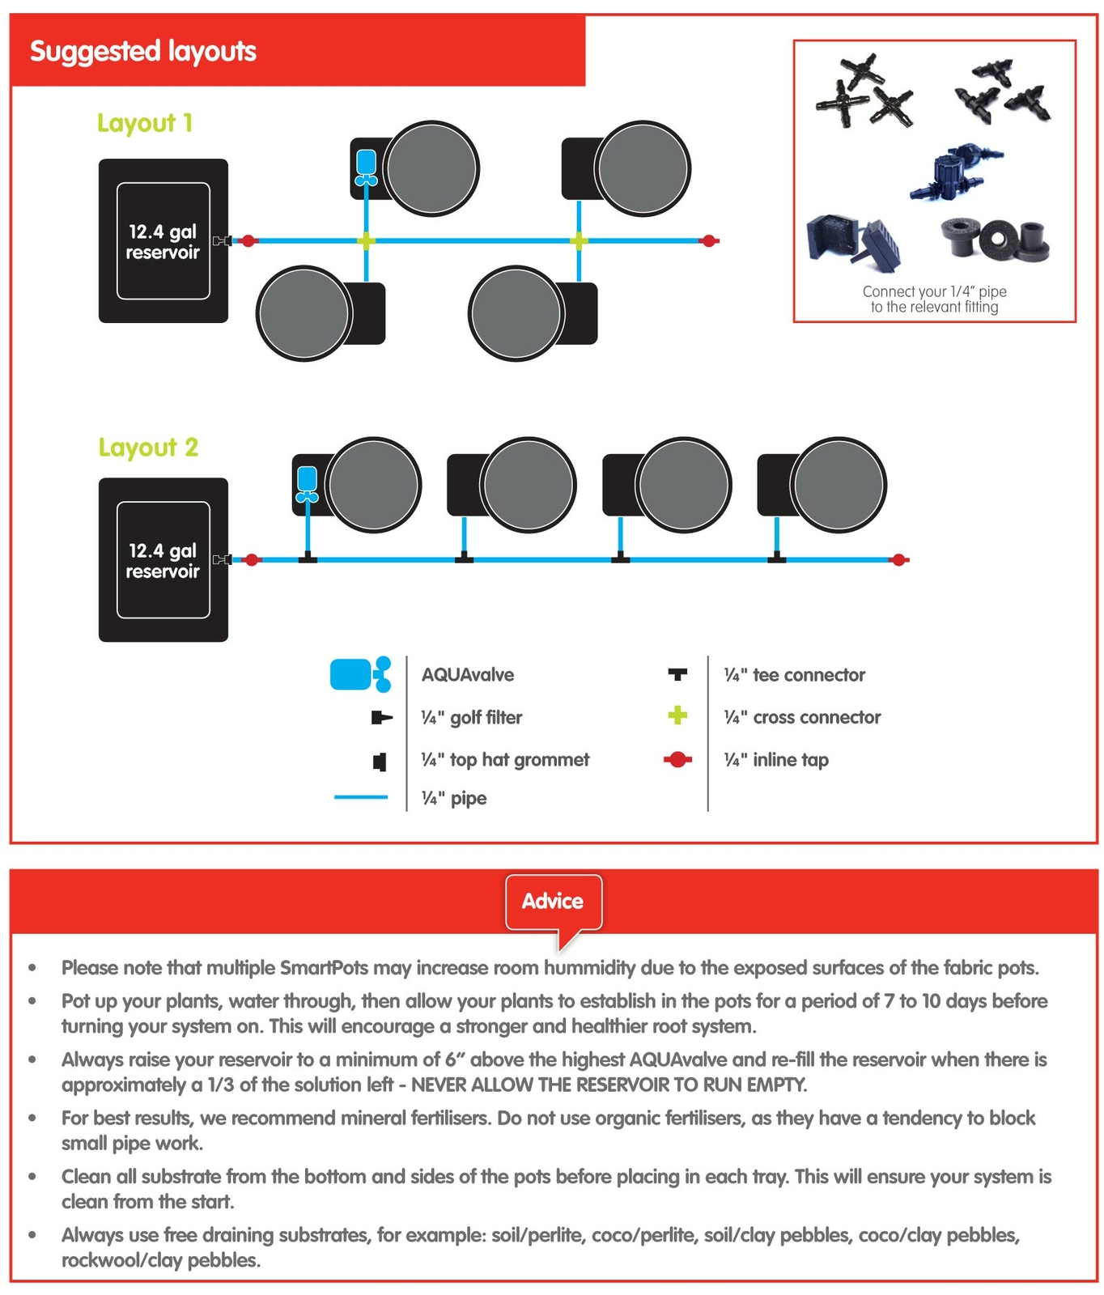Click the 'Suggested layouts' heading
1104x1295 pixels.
tap(142, 52)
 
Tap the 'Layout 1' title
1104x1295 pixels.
tap(145, 123)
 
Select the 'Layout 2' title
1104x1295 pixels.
tap(148, 448)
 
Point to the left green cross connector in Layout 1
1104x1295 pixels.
tap(366, 240)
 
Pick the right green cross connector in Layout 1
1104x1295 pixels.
tap(578, 240)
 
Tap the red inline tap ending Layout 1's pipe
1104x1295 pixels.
tap(709, 240)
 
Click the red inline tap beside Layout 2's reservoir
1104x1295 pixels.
tap(252, 559)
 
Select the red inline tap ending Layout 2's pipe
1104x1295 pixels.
tap(898, 559)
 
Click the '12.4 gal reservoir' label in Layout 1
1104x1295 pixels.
tap(163, 242)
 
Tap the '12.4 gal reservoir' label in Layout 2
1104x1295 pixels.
tap(163, 561)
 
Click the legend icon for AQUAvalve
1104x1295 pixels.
tap(360, 674)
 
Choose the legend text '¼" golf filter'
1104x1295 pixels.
tap(471, 717)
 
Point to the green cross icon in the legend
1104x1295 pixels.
tap(677, 715)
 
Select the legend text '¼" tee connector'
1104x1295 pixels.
tap(794, 675)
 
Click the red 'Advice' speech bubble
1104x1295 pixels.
tap(553, 902)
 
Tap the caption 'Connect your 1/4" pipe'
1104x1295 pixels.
tap(934, 291)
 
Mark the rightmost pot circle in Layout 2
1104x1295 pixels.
tap(838, 485)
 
